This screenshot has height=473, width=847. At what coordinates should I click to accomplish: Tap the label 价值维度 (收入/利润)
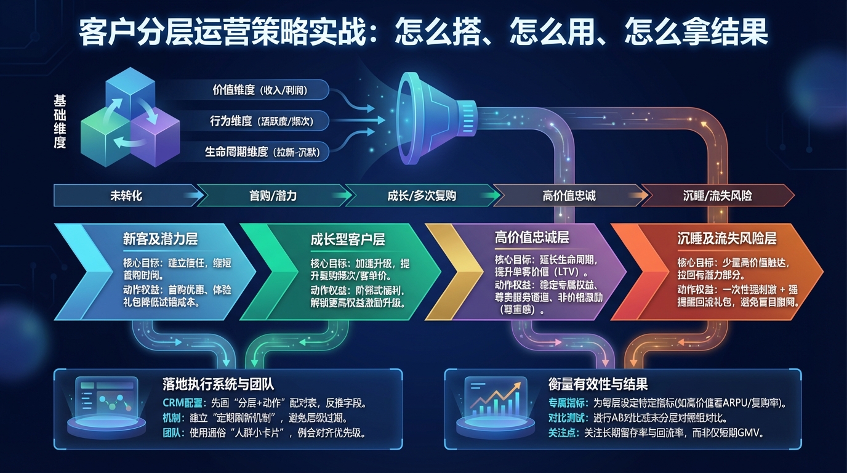click(x=259, y=90)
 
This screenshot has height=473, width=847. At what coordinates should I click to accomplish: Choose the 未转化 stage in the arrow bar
click(x=126, y=196)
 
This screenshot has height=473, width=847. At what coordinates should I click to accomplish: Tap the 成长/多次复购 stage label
click(x=422, y=196)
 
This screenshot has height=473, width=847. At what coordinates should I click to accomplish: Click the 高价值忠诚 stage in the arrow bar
click(x=569, y=196)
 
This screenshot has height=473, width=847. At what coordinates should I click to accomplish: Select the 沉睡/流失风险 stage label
click(x=717, y=196)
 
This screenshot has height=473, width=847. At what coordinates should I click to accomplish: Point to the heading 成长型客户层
click(x=348, y=239)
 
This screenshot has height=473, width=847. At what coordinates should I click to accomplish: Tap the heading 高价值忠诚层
click(x=532, y=237)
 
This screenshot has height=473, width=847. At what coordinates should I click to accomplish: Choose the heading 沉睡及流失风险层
click(x=726, y=238)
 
